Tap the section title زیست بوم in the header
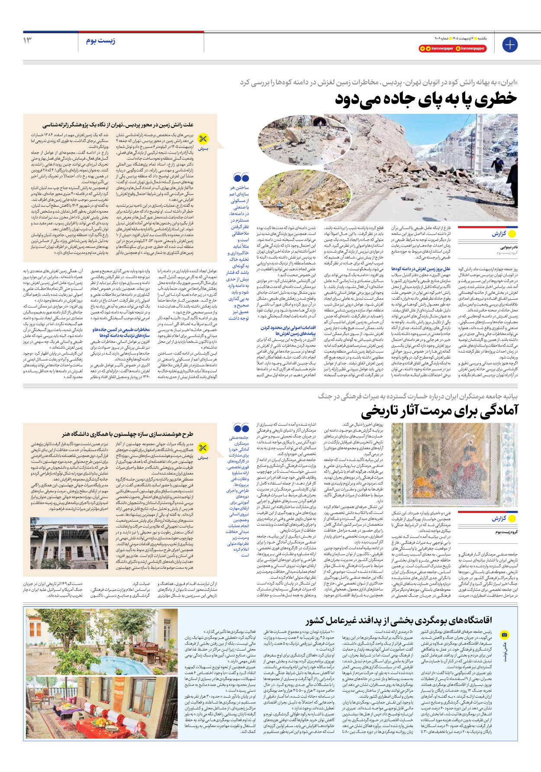pyautogui.click(x=100, y=41)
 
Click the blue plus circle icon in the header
pyautogui.click(x=509, y=45)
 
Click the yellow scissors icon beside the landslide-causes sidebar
pyautogui.click(x=203, y=139)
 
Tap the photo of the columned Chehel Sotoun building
pyautogui.click(x=69, y=542)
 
